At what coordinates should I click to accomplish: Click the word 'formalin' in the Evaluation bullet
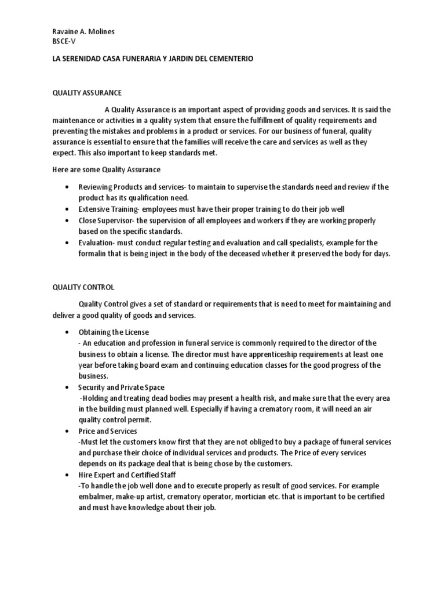click(x=93, y=253)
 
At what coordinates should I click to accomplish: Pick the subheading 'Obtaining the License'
click(x=114, y=332)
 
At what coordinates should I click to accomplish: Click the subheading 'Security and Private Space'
click(x=122, y=387)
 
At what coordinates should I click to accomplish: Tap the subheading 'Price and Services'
click(x=108, y=431)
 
